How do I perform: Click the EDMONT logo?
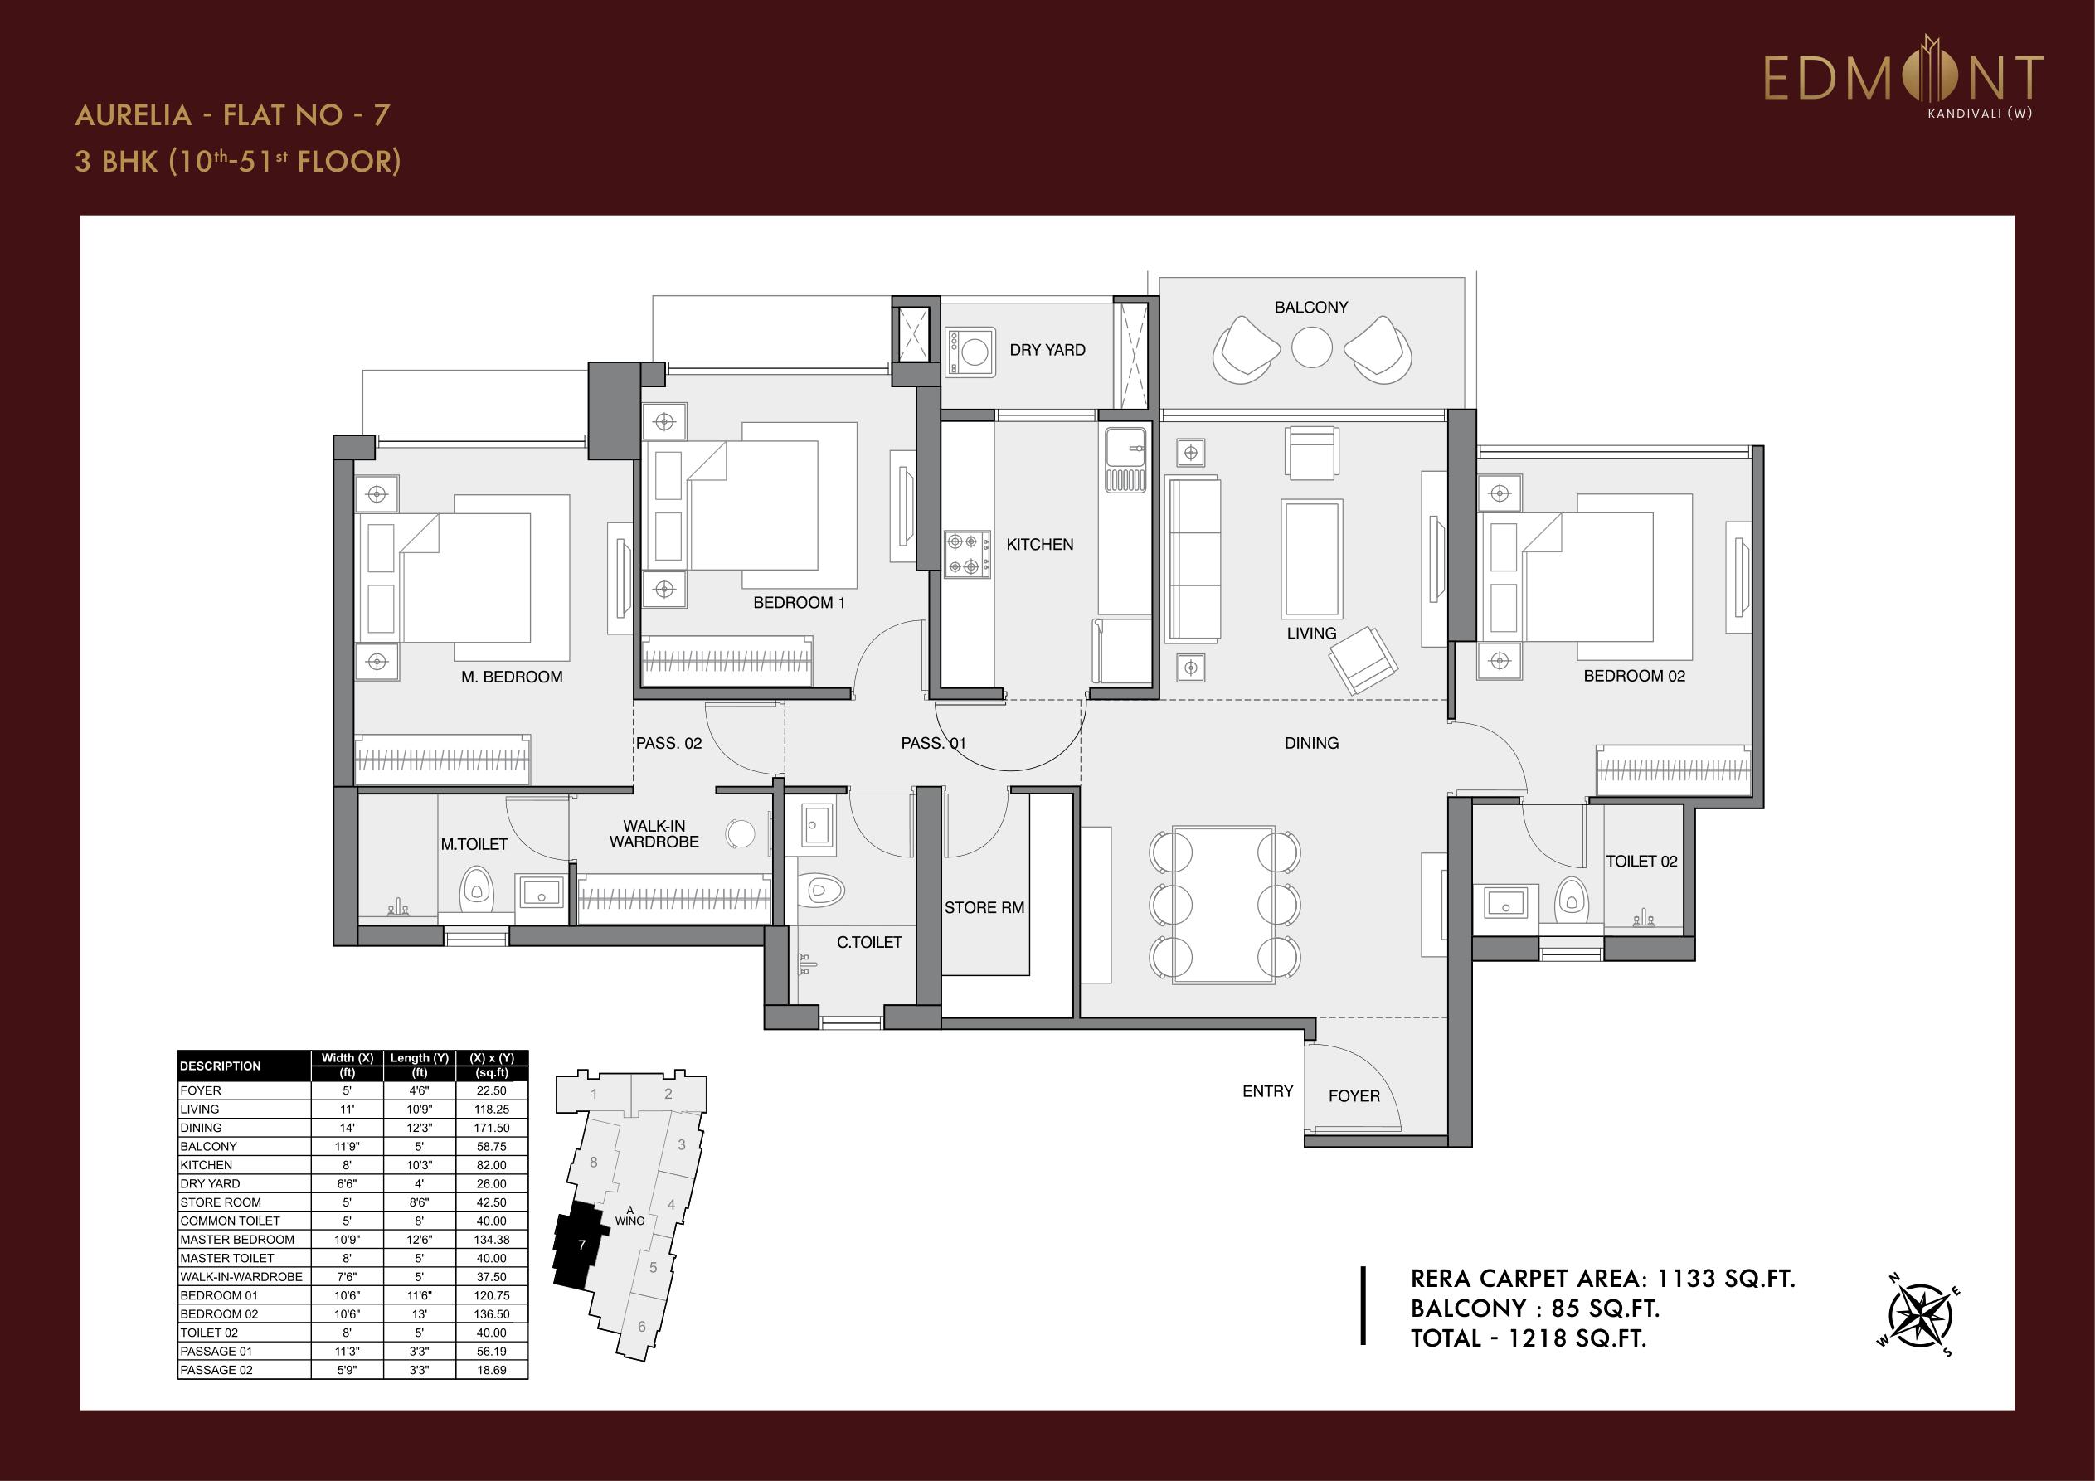point(1903,80)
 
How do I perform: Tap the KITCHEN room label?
point(1039,545)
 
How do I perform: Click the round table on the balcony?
point(1311,347)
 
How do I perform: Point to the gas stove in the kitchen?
point(966,555)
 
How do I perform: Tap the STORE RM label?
point(984,908)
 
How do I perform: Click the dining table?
point(1223,905)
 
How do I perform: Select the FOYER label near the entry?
point(1354,1096)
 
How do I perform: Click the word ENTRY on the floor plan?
point(1267,1091)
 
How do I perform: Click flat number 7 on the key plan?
point(581,1245)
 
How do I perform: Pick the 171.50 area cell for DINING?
point(491,1128)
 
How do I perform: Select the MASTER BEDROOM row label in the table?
point(237,1239)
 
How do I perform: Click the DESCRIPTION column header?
point(220,1066)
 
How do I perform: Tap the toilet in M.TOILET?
point(475,888)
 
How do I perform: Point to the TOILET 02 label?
point(1641,862)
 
